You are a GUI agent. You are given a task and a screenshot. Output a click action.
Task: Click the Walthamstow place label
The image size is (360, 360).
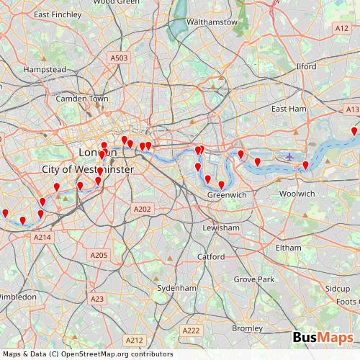click(x=212, y=22)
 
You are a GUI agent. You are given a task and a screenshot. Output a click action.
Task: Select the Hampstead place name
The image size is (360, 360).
click(x=45, y=69)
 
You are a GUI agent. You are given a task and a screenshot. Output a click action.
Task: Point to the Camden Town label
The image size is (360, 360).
click(x=82, y=98)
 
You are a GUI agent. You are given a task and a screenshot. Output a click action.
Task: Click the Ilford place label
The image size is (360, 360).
click(x=306, y=66)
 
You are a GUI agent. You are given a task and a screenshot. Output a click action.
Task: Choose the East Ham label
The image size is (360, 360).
click(x=289, y=108)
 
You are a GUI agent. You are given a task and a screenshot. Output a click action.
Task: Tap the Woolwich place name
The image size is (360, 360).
click(x=297, y=194)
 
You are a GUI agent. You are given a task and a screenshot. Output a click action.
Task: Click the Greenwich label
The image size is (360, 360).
click(x=227, y=195)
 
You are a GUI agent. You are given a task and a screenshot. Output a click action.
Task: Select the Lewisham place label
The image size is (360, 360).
click(x=221, y=228)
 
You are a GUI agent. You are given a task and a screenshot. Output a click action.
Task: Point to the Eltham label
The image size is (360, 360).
click(x=289, y=248)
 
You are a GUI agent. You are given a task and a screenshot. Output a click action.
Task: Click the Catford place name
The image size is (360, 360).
click(x=210, y=256)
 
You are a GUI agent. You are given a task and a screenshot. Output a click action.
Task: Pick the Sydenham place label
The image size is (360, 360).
click(x=176, y=288)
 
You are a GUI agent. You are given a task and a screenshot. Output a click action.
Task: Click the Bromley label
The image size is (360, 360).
click(x=248, y=328)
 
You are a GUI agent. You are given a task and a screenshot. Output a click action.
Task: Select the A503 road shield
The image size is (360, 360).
click(x=119, y=58)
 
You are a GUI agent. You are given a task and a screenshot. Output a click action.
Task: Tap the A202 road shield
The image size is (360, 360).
click(x=143, y=209)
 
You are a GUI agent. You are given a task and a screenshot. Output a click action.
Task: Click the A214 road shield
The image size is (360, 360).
click(x=42, y=237)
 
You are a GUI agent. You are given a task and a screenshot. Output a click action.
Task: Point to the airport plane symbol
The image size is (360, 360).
click(x=289, y=156)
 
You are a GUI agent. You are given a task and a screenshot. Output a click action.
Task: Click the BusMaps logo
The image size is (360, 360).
click(x=323, y=338)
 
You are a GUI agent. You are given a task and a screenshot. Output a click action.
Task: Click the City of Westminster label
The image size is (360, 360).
click(x=88, y=169)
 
